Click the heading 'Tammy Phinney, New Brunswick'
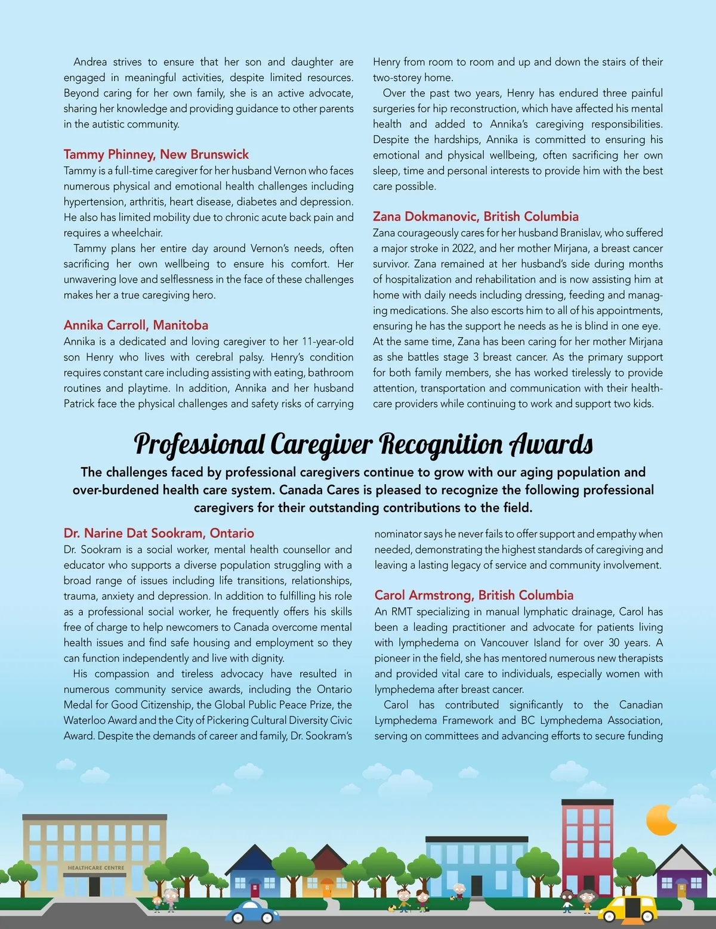pyautogui.click(x=156, y=154)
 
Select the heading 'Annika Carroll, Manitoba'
pyautogui.click(x=136, y=325)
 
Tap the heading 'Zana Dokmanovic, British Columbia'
pyautogui.click(x=476, y=216)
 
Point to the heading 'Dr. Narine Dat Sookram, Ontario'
pyautogui.click(x=159, y=533)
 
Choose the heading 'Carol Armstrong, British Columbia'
pyautogui.click(x=474, y=595)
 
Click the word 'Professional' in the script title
pyautogui.click(x=199, y=445)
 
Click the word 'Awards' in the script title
pyautogui.click(x=551, y=445)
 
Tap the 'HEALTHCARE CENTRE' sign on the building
pyautogui.click(x=96, y=868)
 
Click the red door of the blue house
pyautogui.click(x=255, y=888)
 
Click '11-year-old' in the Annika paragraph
pyautogui.click(x=328, y=342)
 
